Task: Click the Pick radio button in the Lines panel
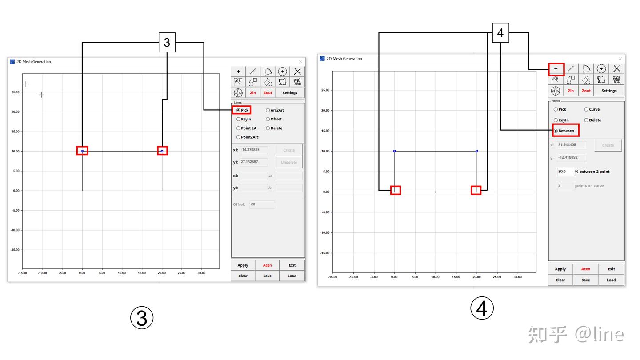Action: click(x=238, y=110)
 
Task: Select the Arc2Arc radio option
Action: click(x=268, y=110)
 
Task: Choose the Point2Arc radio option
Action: click(x=238, y=137)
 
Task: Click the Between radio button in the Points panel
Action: click(x=556, y=131)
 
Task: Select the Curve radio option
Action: click(x=586, y=109)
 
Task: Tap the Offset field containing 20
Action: click(x=262, y=204)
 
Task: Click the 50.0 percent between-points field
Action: click(x=565, y=172)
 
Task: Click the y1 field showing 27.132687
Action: click(x=253, y=162)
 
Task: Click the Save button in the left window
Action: click(x=268, y=276)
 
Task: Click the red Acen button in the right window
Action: click(x=585, y=269)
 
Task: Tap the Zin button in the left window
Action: click(x=253, y=93)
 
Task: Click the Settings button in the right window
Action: click(x=609, y=91)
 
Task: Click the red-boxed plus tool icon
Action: click(x=556, y=69)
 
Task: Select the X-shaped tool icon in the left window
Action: click(x=297, y=72)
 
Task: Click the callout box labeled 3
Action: click(x=167, y=43)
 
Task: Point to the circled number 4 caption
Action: click(x=482, y=308)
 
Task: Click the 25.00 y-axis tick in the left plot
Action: click(x=16, y=92)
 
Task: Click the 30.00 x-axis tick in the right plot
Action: click(x=517, y=277)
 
